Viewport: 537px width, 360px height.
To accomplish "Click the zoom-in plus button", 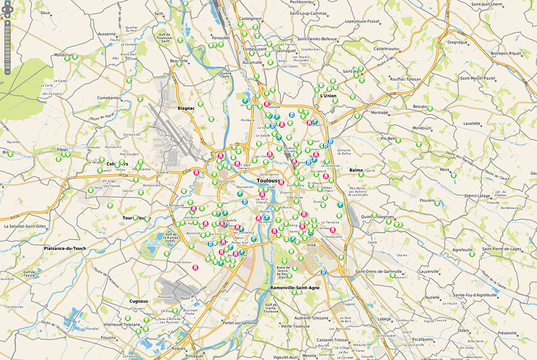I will pos(7,23).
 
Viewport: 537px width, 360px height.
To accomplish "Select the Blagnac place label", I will pos(185,108).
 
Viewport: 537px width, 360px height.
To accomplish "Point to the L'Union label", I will pos(328,96).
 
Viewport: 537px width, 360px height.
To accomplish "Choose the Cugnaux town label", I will pos(139,302).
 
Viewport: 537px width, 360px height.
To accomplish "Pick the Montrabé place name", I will pos(379,113).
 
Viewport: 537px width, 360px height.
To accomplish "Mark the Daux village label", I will pos(45,12).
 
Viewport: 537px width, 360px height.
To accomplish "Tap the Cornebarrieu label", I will pos(111,98).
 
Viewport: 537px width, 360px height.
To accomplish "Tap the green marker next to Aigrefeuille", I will pos(472,254).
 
